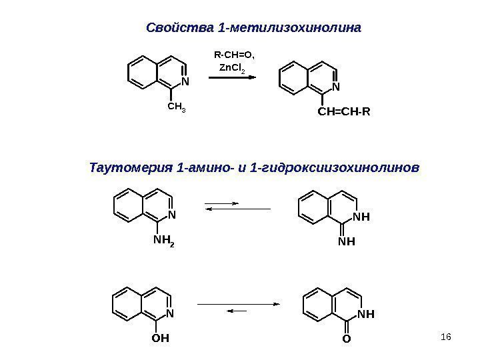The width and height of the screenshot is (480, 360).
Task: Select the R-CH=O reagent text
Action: click(x=235, y=53)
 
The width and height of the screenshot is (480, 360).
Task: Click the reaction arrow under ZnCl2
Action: click(x=233, y=78)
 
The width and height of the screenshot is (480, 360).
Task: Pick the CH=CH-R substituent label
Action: click(x=343, y=111)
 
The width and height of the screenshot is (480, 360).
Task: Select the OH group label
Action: click(x=161, y=338)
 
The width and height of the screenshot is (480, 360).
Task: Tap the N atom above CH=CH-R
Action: click(x=336, y=86)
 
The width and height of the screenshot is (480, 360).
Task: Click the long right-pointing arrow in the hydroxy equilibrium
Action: click(x=238, y=304)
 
